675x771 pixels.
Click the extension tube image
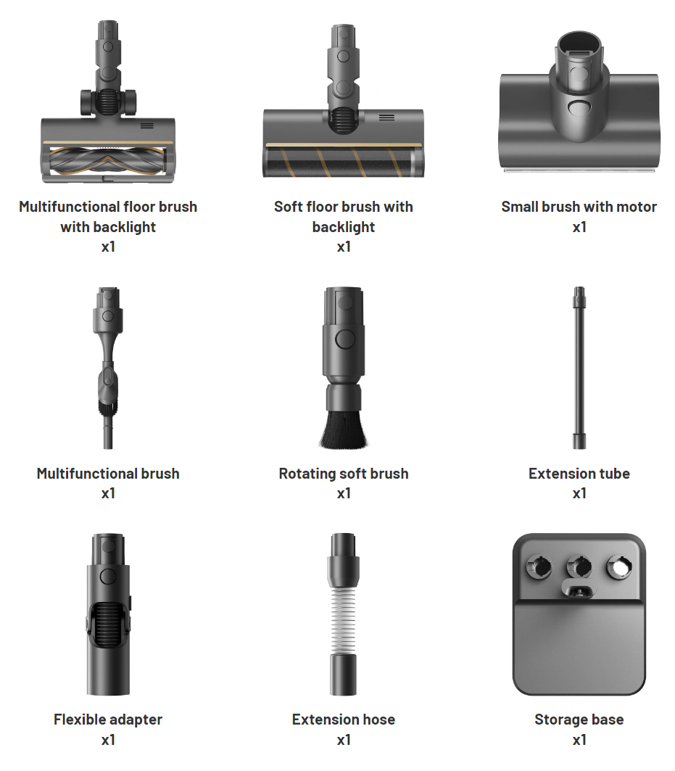point(579,368)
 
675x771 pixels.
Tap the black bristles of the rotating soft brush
point(344,428)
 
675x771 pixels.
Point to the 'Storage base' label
point(579,720)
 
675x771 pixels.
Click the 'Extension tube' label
point(579,474)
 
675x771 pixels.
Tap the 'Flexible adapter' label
point(108,720)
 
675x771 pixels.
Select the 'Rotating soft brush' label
point(344,474)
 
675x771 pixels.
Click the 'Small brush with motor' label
point(579,207)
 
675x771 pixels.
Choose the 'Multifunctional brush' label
point(108,474)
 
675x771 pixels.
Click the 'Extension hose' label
point(344,720)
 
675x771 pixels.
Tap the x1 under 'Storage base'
point(579,740)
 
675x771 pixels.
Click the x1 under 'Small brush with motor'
point(579,227)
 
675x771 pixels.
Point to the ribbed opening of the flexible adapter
point(108,624)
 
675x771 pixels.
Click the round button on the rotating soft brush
point(344,339)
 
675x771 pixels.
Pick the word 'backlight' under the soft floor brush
point(344,227)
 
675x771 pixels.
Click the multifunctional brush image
point(108,368)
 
